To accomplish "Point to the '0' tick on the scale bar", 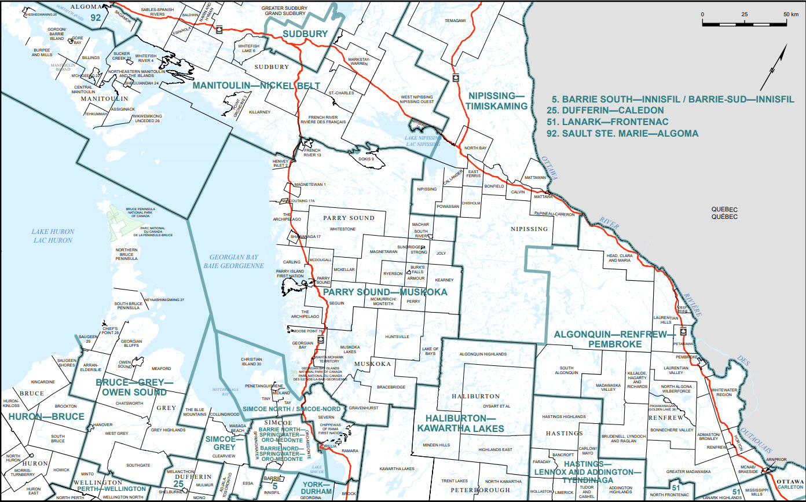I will (702, 14).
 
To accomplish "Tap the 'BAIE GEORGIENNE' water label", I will (230, 265).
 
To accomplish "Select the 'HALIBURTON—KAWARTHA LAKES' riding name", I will (461, 423).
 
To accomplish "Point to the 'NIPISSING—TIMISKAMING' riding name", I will (497, 100).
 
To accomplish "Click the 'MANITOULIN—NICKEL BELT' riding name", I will (256, 86).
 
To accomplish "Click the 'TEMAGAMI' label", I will (455, 20).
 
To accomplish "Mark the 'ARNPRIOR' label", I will (776, 460).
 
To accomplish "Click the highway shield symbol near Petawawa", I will (683, 332).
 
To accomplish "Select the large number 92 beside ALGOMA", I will (96, 18).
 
